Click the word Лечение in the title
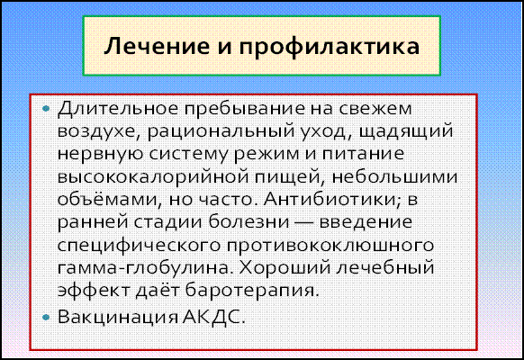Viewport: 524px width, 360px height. [x=157, y=46]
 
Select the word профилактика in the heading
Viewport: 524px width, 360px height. [x=329, y=47]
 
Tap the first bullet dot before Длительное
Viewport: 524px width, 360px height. [x=47, y=108]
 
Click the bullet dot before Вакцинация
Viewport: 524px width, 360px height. [x=47, y=317]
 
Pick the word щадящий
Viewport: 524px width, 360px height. [x=406, y=132]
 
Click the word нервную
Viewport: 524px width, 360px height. [x=100, y=155]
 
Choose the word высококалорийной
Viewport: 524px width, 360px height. [x=153, y=177]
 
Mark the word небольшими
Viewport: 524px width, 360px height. [x=394, y=176]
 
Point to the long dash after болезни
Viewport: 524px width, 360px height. [x=304, y=223]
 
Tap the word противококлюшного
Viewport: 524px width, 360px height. [x=330, y=246]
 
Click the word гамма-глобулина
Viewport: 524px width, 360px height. [x=144, y=268]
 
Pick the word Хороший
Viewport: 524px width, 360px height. [x=284, y=268]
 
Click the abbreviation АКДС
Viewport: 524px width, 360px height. [x=214, y=317]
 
